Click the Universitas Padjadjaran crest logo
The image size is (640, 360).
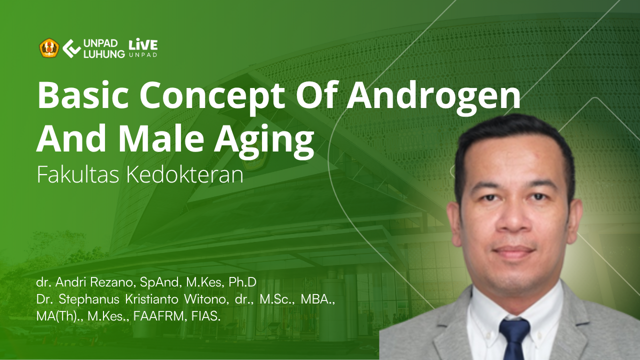[x=49, y=48]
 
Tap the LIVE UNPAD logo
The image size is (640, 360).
[x=143, y=47]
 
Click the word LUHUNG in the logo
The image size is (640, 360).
[x=104, y=54]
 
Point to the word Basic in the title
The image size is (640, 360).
[x=83, y=95]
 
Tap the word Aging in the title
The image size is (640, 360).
[x=264, y=140]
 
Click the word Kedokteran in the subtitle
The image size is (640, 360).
[x=185, y=174]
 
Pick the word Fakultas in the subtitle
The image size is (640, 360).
[x=77, y=174]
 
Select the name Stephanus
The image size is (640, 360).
[x=89, y=299]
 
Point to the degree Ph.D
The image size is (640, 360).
[x=242, y=282]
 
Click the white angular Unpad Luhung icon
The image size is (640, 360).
[x=71, y=48]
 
